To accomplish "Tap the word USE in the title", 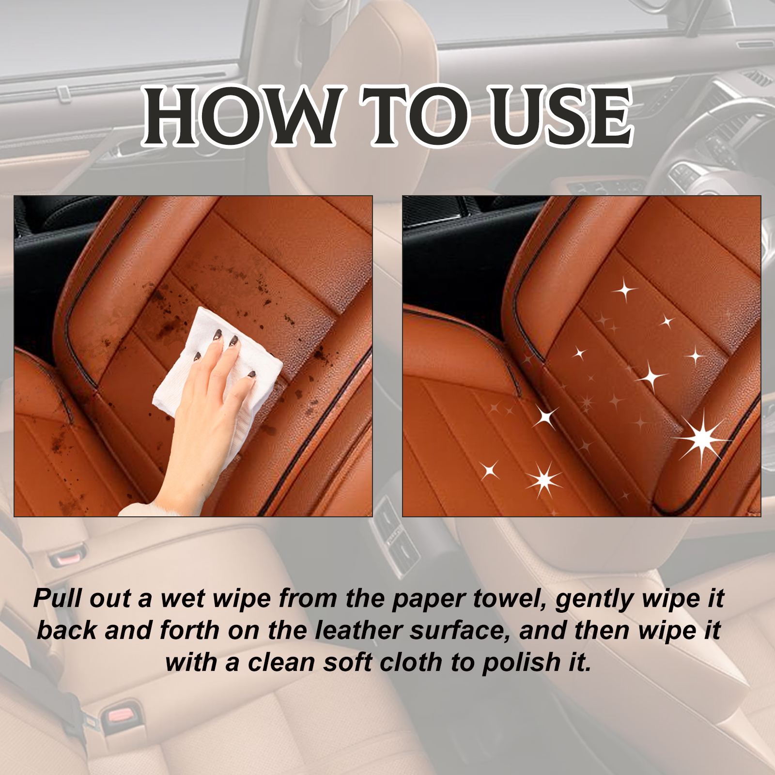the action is coord(562,116).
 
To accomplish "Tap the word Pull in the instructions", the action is coord(58,598).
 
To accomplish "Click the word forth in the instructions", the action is coord(189,630).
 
